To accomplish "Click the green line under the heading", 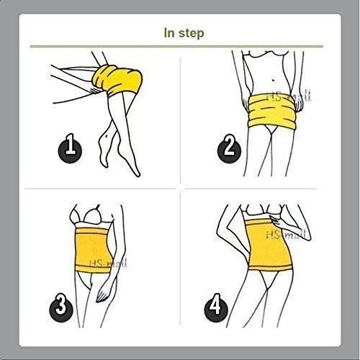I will (180, 46).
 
